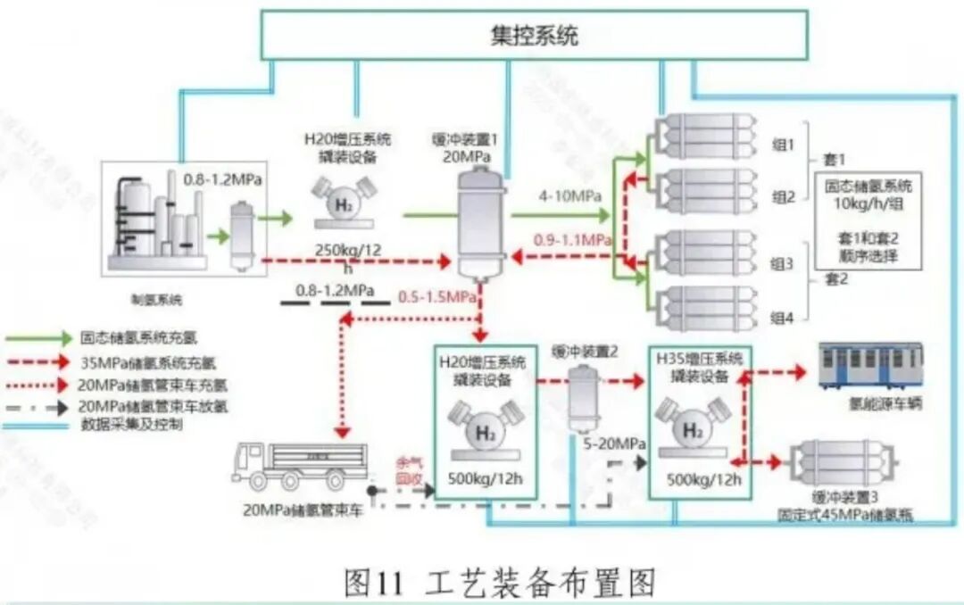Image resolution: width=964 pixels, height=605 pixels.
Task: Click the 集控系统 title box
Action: click(x=534, y=37)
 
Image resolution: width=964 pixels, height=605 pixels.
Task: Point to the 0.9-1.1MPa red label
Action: click(x=572, y=240)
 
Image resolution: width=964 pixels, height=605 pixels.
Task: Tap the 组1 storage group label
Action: click(x=782, y=144)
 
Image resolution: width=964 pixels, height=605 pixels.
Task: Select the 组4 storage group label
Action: click(x=782, y=316)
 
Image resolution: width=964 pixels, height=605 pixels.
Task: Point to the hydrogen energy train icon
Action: click(x=870, y=368)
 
